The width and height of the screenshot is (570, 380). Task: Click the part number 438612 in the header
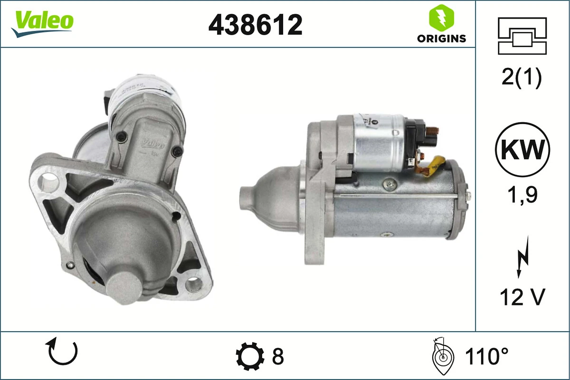pos(256,25)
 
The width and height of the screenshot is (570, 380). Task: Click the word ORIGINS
pos(441,38)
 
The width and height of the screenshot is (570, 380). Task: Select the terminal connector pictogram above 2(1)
pos(522,36)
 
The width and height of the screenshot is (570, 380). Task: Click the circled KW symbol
pos(522,150)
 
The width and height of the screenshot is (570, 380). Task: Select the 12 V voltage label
pos(522,297)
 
